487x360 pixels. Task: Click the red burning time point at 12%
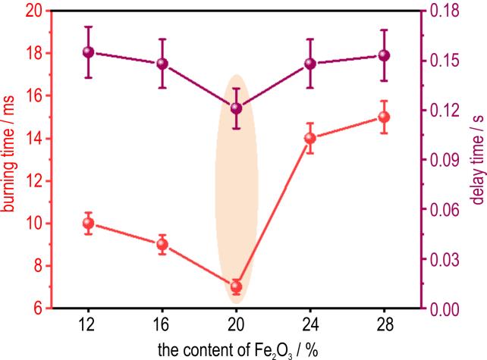[x=88, y=224]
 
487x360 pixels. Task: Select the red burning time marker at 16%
[x=162, y=244]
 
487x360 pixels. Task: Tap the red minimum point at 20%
[x=236, y=286]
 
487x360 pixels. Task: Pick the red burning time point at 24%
[x=309, y=139]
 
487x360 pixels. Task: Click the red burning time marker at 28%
[x=384, y=117]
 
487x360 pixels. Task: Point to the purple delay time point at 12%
[x=88, y=52]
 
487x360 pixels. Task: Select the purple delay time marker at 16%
[x=162, y=64]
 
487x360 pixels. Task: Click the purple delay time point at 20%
[x=236, y=108]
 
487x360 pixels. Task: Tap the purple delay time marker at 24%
[x=309, y=64]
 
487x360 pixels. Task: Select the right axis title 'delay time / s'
[x=478, y=160]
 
